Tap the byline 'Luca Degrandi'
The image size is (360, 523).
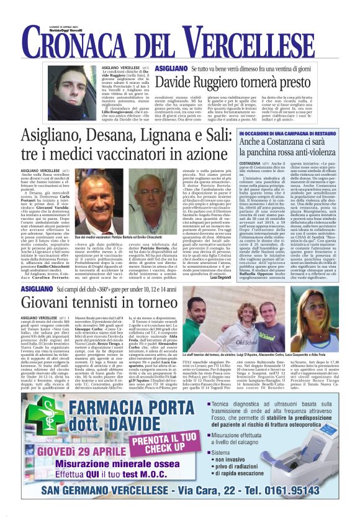click(220, 278)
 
